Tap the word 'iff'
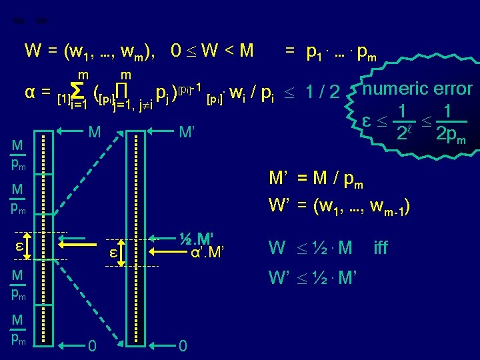coord(381,249)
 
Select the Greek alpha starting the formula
coord(29,91)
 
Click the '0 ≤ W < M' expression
coord(212,51)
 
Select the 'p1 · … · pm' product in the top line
coord(340,52)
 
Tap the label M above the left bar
coord(95,133)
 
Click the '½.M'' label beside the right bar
coord(199,238)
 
